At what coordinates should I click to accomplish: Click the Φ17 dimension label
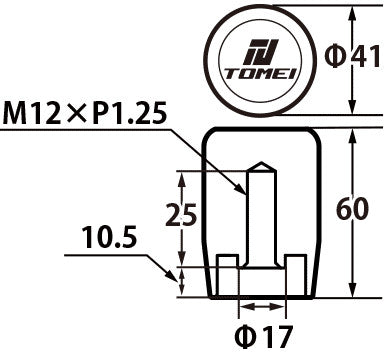click(x=260, y=334)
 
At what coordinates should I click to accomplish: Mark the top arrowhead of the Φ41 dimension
click(x=351, y=12)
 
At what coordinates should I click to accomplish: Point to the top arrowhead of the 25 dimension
click(x=182, y=176)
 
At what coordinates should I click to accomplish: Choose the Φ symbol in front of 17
click(x=242, y=334)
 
